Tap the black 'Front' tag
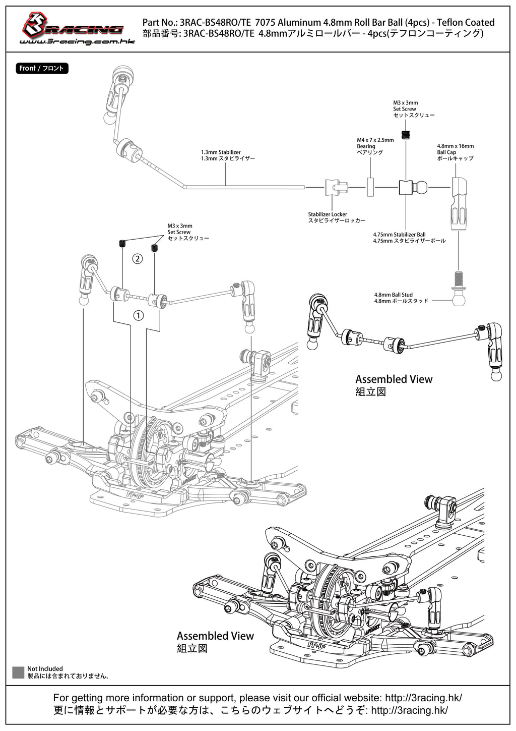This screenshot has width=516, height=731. pos(42,69)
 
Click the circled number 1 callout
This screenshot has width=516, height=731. pos(139,316)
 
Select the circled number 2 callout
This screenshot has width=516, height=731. pos(137,259)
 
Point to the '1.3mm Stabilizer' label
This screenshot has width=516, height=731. pos(228,155)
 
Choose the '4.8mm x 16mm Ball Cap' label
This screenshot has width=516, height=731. pos(456,152)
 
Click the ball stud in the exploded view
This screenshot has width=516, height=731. pos(459,289)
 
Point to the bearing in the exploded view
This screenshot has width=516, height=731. pos(370,187)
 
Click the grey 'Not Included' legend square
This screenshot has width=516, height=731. pos(18,672)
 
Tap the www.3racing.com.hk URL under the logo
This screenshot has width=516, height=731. pos(77,42)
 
